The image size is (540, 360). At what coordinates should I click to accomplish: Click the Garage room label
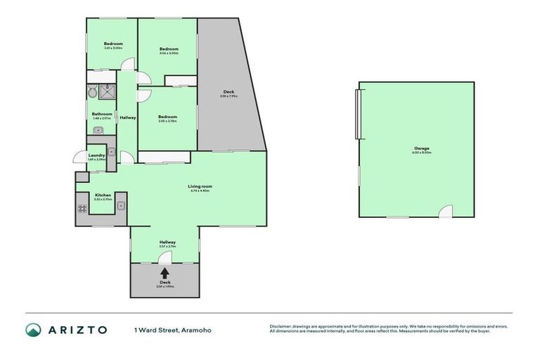click(x=422, y=148)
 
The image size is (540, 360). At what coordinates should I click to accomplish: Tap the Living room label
click(x=200, y=186)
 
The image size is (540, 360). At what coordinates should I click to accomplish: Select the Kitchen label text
click(x=103, y=195)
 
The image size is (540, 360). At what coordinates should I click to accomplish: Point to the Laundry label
click(x=96, y=155)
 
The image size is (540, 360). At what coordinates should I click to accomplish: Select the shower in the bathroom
click(x=108, y=91)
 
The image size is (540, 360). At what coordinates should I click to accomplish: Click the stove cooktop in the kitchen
click(x=82, y=208)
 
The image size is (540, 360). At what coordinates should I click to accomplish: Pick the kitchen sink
click(x=122, y=206)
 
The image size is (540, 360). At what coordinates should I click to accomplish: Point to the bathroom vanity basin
click(x=98, y=130)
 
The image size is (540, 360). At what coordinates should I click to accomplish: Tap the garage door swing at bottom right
click(x=446, y=212)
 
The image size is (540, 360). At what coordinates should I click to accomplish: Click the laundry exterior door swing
click(x=79, y=158)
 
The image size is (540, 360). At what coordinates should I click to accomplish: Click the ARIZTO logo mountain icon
click(x=33, y=330)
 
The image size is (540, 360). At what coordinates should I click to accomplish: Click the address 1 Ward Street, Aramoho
click(x=172, y=330)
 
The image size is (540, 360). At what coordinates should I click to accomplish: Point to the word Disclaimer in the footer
click(x=282, y=326)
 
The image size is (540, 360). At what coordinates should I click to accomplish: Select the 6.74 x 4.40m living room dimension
click(x=200, y=191)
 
